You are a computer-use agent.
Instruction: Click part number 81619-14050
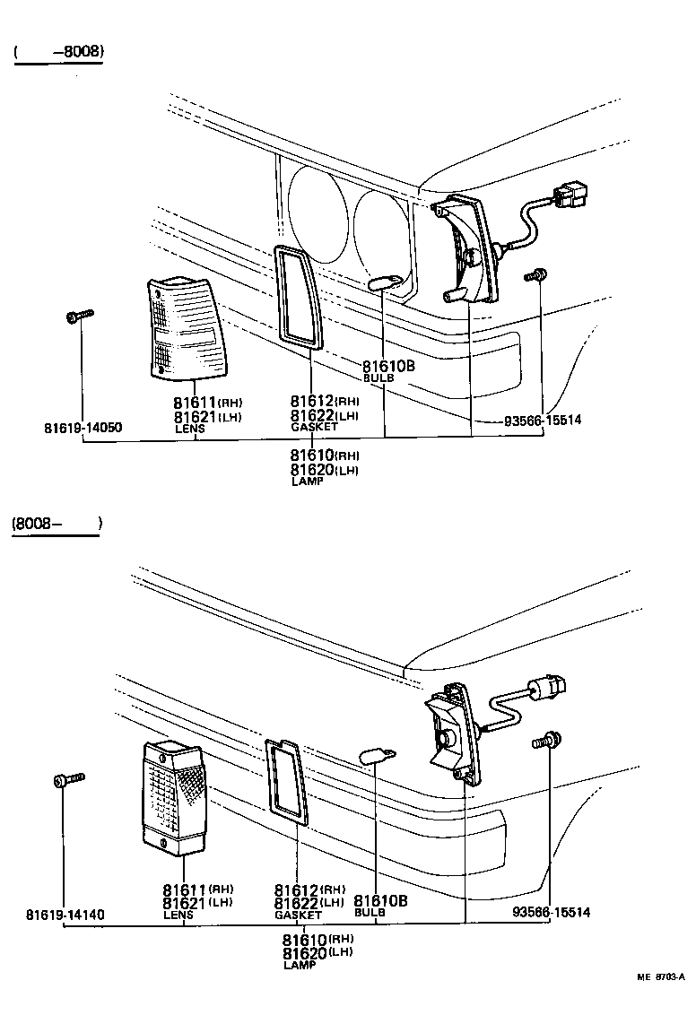[83, 428]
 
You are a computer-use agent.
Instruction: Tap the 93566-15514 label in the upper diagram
[542, 420]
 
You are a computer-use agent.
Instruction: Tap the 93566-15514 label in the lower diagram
[551, 912]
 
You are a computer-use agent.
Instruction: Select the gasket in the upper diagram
[296, 296]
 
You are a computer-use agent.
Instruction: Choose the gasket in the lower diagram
[288, 780]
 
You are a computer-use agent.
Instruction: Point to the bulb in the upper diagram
[385, 284]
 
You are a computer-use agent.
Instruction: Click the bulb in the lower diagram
[372, 756]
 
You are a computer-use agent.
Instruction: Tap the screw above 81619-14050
[80, 316]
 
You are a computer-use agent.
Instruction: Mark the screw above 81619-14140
[67, 779]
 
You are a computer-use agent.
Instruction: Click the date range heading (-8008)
[59, 52]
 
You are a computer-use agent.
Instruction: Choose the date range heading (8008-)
[56, 524]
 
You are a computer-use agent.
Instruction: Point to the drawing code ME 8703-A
[661, 976]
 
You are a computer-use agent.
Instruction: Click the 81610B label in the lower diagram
[380, 900]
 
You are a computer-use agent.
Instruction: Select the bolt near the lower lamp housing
[544, 742]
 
